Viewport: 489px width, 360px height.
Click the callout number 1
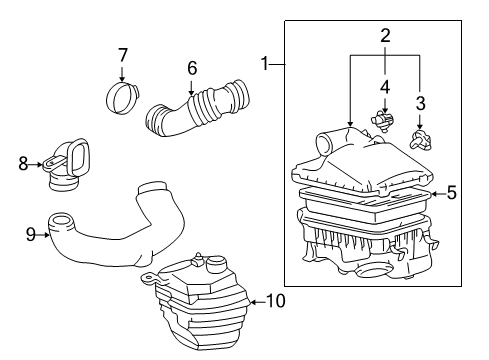[x=264, y=64]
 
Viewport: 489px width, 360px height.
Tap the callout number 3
[x=420, y=103]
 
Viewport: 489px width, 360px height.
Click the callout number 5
[x=451, y=193]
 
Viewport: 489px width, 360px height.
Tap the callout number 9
[x=30, y=234]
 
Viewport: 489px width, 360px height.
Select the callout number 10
[x=275, y=300]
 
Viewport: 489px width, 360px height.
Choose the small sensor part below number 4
[x=381, y=122]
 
